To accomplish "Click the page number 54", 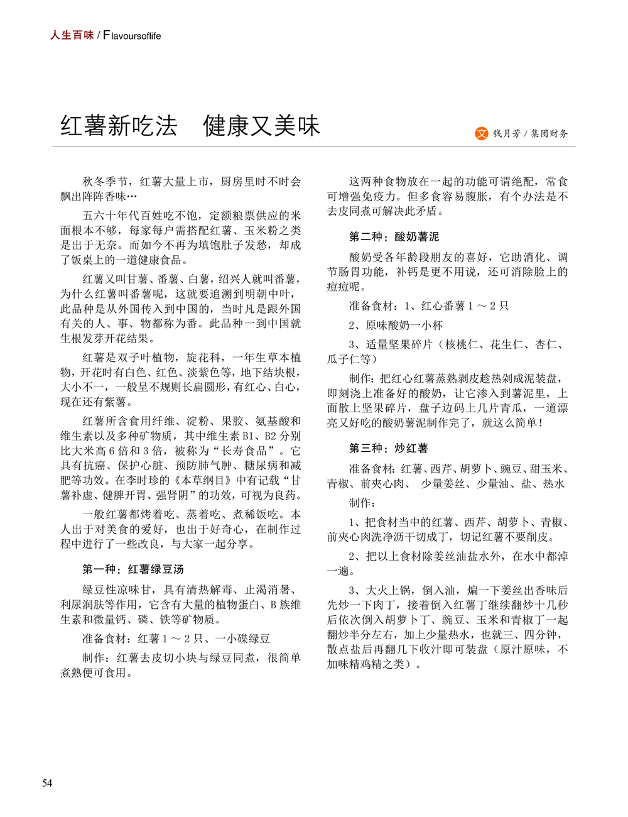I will [47, 783].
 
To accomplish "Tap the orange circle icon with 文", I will [482, 133].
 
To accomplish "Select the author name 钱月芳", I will [506, 134].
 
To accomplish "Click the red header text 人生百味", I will [72, 35].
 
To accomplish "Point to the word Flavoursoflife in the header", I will [132, 36].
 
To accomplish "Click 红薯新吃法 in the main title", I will [119, 126].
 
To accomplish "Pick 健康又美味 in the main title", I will [262, 126].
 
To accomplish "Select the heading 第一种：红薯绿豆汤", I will [133, 569].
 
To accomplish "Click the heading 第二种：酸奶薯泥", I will [394, 237].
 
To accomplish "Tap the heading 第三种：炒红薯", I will [389, 449].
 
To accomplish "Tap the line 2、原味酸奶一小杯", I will [396, 326].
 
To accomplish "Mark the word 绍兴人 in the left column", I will [237, 279].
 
